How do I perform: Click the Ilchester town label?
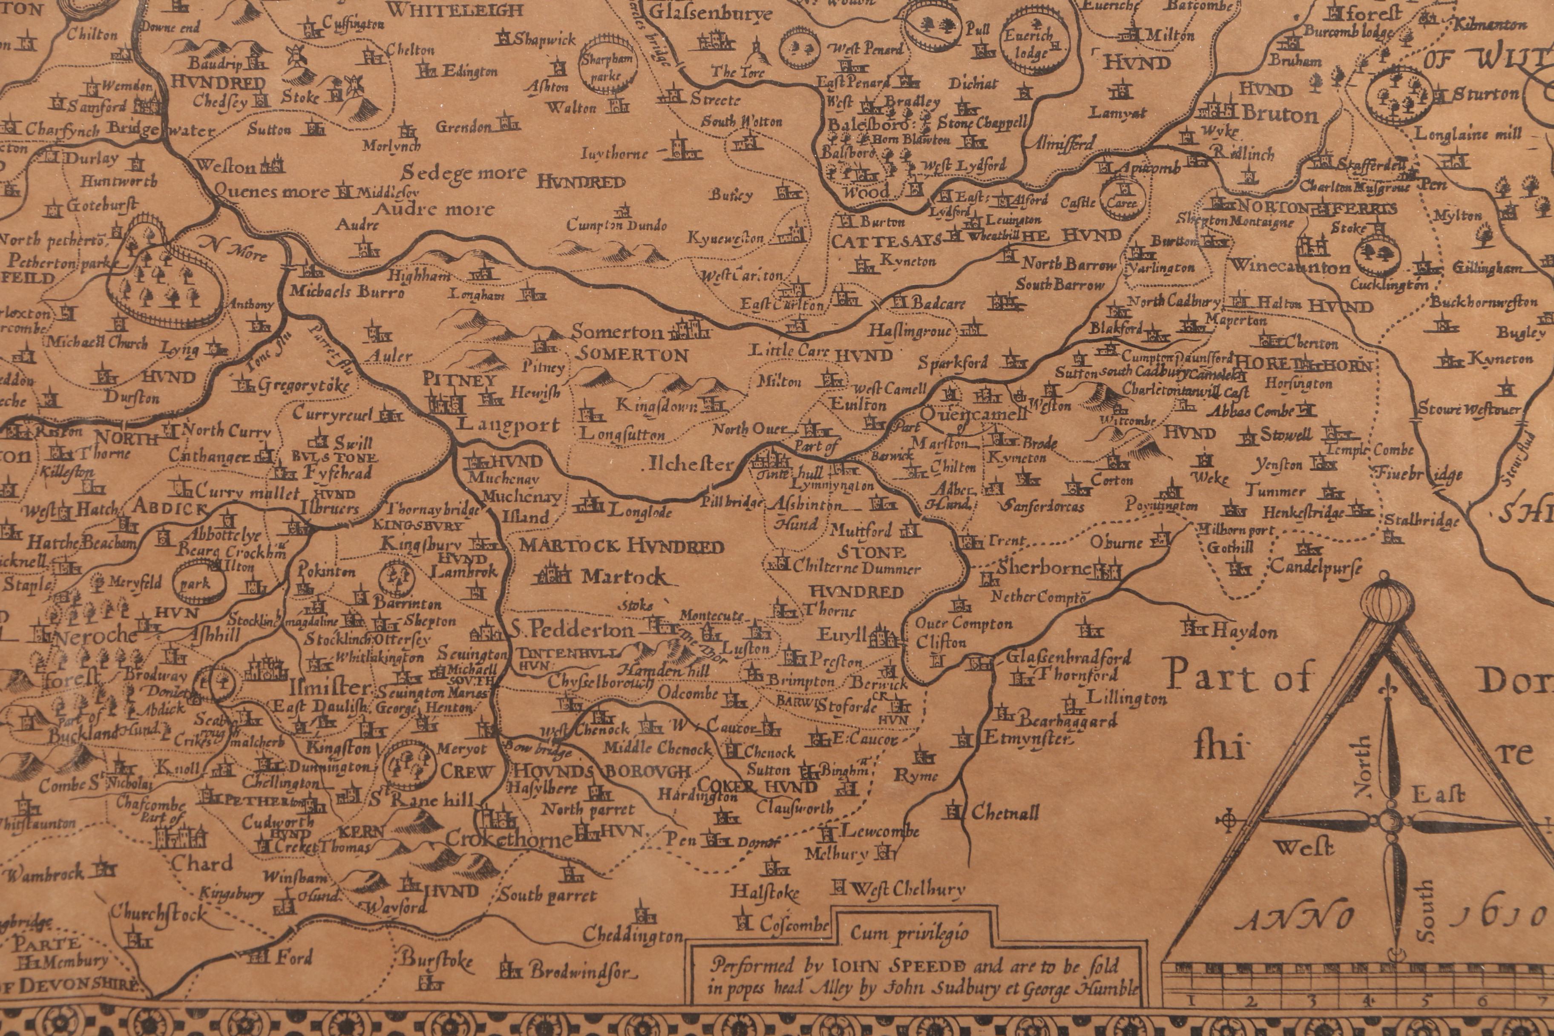pos(691,464)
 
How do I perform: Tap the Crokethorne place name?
pos(509,840)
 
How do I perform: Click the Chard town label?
pos(202,863)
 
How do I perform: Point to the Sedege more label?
pos(463,173)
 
